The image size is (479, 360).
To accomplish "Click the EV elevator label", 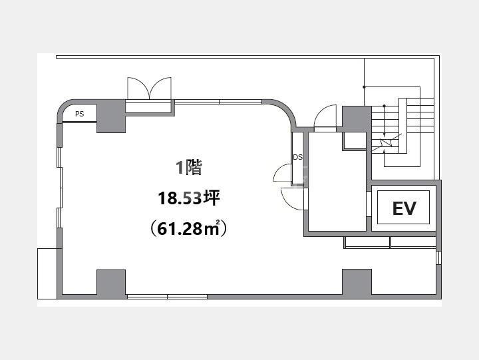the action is click(x=404, y=208).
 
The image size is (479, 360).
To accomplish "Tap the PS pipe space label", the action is click(x=79, y=114).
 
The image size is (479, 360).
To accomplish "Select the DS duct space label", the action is click(x=298, y=157).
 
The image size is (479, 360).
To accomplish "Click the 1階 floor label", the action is click(x=189, y=167).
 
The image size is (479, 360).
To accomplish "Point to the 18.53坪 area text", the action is click(x=189, y=198).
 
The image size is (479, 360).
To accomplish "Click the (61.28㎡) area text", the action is click(x=188, y=228).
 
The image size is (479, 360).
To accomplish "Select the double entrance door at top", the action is click(x=149, y=89).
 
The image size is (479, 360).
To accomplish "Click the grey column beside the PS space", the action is click(x=111, y=116).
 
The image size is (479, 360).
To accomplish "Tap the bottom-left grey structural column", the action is click(x=111, y=282).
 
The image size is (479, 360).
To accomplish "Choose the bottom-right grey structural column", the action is click(x=357, y=281).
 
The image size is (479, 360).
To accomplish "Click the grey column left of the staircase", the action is click(x=357, y=118).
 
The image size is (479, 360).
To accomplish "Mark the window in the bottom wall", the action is click(x=167, y=296).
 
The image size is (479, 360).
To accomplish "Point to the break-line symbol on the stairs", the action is click(x=386, y=142).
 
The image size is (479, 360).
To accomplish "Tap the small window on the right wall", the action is click(x=438, y=258).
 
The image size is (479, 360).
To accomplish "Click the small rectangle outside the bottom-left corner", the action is click(x=47, y=273).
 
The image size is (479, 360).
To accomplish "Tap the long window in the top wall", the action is click(x=218, y=102).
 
